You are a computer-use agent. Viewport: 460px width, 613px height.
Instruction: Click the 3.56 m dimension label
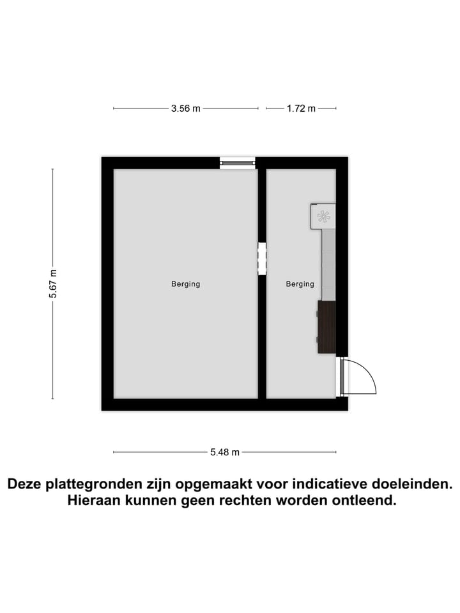point(185,109)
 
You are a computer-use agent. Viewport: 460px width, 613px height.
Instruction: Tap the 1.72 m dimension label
point(301,109)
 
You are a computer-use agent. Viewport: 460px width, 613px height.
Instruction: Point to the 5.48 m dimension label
point(225,452)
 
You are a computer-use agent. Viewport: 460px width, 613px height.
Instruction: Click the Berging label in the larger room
point(185,284)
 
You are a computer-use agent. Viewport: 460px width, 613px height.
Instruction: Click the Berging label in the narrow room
point(300,284)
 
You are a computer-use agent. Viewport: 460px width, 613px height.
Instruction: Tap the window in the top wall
point(237,163)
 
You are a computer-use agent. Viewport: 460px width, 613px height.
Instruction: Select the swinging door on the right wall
point(358,377)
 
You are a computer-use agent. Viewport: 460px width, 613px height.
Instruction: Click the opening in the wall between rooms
point(262,259)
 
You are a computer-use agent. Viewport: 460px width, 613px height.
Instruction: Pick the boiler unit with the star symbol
point(323,216)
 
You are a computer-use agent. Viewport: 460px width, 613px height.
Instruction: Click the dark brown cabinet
point(326,326)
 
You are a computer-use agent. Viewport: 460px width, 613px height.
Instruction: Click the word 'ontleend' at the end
point(367,501)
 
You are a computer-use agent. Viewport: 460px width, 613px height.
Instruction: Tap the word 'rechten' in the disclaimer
point(245,501)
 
